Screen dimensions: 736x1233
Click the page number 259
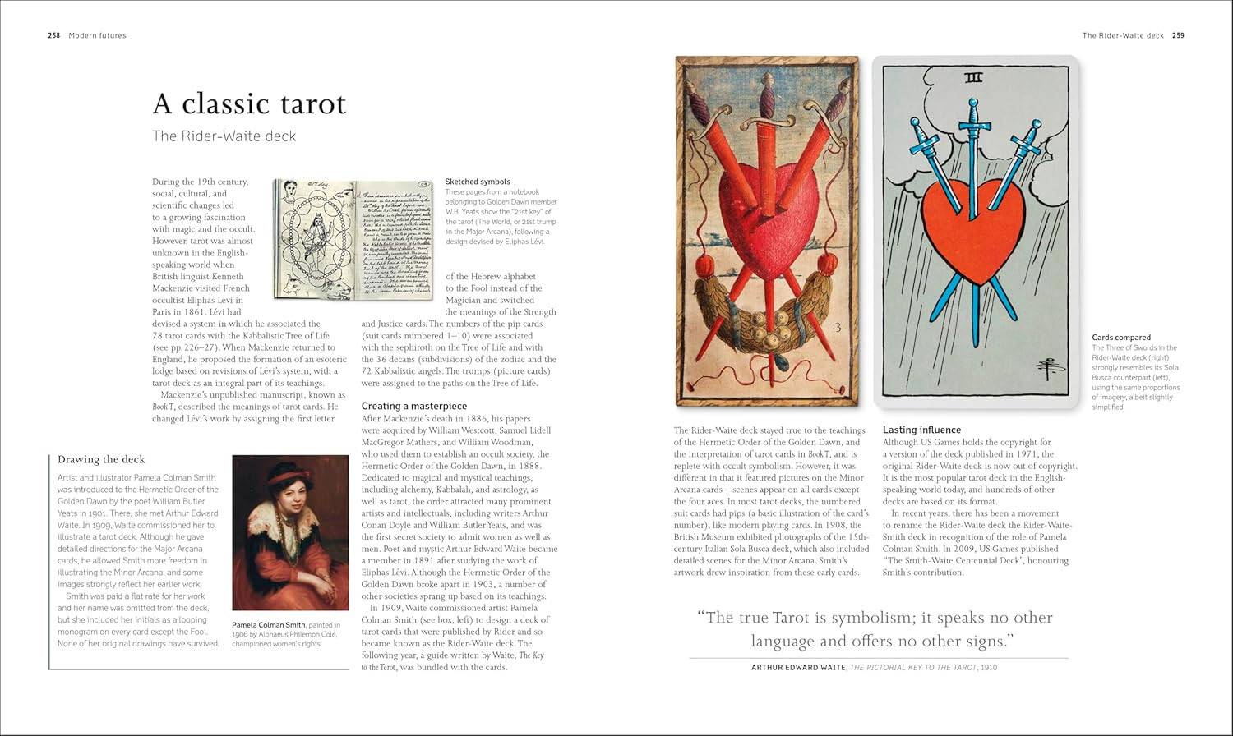click(1178, 35)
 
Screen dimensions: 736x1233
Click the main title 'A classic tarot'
click(249, 104)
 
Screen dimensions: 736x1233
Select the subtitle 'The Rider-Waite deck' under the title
click(224, 136)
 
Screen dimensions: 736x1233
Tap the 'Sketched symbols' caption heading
click(478, 182)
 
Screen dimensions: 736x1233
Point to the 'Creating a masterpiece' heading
click(414, 406)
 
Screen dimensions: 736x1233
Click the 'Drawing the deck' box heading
click(101, 459)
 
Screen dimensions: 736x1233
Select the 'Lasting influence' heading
click(921, 430)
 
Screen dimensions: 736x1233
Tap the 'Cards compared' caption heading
click(1121, 338)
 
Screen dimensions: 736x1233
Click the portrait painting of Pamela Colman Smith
click(290, 532)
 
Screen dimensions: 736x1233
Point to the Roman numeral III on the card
click(973, 79)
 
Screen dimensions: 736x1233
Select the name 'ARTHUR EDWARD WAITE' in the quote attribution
click(798, 668)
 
